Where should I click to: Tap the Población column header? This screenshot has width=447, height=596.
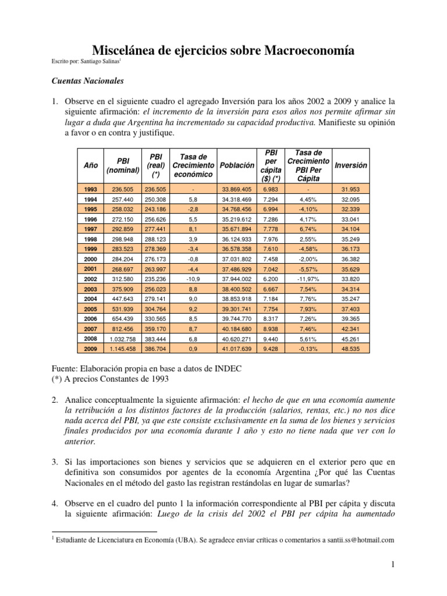coord(237,165)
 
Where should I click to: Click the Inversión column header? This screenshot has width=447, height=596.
coord(351,165)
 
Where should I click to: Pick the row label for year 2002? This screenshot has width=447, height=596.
coord(90,279)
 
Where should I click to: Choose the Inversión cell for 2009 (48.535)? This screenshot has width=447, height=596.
coord(351,348)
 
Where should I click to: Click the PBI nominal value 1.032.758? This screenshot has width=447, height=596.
coord(123,338)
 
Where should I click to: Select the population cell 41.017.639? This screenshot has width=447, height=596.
coord(237,348)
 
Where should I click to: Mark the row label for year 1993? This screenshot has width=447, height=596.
coord(90,190)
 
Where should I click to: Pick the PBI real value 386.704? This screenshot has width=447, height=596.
coord(155,348)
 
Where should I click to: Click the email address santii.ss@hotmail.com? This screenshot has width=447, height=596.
coord(361,540)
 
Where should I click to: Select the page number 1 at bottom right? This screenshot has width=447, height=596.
coord(393,565)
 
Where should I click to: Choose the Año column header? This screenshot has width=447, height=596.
coord(90,165)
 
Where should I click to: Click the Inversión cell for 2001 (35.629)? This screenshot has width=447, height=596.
coord(351,269)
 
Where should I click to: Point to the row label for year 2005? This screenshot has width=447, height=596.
coord(90,308)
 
